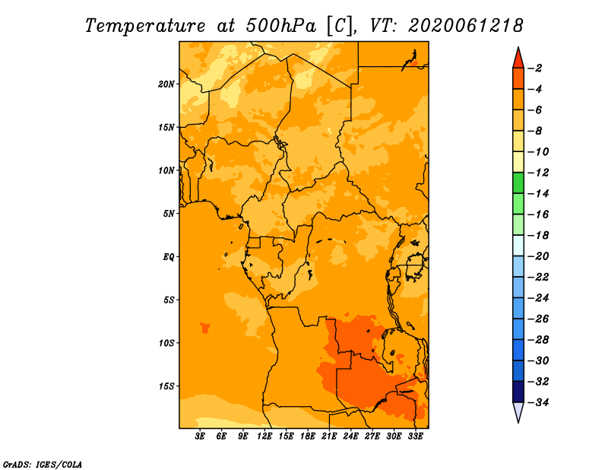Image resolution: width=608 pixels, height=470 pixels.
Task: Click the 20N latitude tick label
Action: coord(166,84)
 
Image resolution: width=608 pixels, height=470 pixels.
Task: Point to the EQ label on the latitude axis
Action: coord(169,257)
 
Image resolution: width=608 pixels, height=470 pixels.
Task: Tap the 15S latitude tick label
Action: coord(166,386)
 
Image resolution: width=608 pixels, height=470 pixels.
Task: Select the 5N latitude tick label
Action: coord(169,214)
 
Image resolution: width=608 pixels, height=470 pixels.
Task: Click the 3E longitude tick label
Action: coord(200,436)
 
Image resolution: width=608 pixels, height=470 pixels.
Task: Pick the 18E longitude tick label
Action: coord(308,436)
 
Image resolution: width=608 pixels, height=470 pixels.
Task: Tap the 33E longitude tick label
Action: coord(415,436)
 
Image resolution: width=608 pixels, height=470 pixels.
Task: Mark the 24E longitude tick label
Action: coord(350,436)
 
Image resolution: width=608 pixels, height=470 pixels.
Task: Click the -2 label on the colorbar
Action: coord(535,68)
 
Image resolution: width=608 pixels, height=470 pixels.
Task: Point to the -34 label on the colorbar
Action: coord(537,402)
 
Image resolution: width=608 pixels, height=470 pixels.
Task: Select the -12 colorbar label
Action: coord(537,173)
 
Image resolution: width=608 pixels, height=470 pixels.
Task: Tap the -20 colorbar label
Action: coord(537,256)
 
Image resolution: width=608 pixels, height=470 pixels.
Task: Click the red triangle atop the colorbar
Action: coord(518,59)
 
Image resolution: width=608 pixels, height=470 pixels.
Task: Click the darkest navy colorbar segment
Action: coord(518,392)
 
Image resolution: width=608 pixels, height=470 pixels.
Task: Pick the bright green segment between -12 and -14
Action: coord(518,183)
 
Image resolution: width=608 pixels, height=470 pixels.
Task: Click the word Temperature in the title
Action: coord(145,27)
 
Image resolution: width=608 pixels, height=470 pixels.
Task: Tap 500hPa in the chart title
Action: coord(281,26)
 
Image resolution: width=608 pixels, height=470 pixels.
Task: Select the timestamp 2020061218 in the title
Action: coord(465,26)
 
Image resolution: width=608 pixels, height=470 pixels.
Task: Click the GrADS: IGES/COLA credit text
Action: coord(43,464)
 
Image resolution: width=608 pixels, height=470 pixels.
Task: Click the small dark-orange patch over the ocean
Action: coord(204,328)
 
